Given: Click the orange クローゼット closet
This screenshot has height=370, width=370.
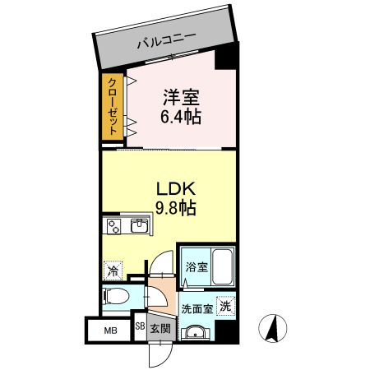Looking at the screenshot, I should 110,107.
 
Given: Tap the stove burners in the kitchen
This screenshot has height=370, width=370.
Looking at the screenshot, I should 113,224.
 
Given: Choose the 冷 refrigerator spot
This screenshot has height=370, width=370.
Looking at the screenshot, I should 111,268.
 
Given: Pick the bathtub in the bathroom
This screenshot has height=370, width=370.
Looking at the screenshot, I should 222,265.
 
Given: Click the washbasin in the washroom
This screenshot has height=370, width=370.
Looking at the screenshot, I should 195,332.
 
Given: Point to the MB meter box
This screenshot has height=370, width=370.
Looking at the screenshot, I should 109,331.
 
